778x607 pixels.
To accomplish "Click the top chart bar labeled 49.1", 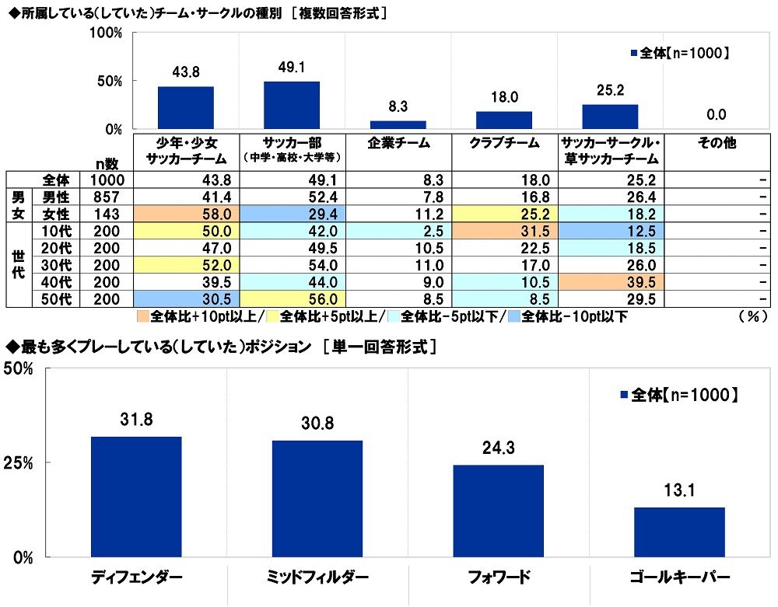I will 292,105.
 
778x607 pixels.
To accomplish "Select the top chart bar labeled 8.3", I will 398,124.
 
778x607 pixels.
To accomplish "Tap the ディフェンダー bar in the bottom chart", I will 136,497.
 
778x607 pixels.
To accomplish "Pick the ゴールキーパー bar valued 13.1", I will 679,532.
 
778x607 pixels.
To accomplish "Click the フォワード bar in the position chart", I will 498,511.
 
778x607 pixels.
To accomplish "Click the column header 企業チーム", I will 398,144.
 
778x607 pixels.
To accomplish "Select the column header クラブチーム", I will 504,144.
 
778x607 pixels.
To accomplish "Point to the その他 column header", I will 717,144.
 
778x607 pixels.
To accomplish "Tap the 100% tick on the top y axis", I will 107,33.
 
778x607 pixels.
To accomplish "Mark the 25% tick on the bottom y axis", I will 17,463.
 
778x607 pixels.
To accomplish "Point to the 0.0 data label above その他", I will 717,115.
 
